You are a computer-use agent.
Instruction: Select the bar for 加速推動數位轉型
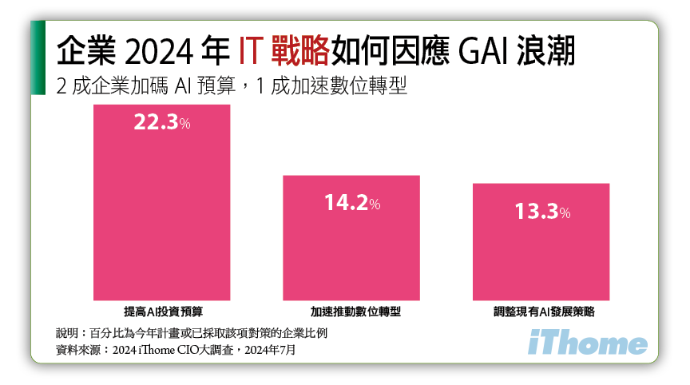coord(351,240)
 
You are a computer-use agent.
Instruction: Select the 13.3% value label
coord(541,212)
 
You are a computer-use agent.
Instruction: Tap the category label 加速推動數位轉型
coord(351,309)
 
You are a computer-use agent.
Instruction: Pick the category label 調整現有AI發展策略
coord(541,309)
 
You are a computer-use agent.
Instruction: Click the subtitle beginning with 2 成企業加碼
coord(232,85)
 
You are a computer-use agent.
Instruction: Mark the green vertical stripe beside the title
coord(38,58)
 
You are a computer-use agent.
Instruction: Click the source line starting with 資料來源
coord(180,350)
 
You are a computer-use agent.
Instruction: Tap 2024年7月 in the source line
coord(280,350)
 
